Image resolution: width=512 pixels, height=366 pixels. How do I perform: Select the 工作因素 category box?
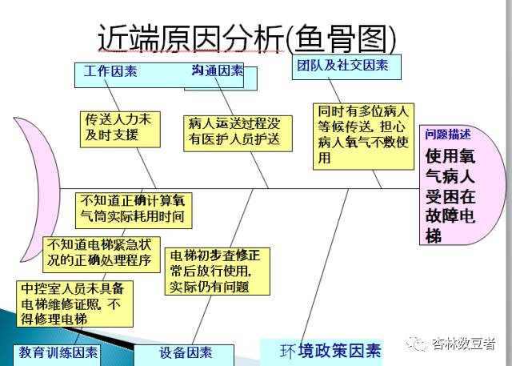click(x=111, y=71)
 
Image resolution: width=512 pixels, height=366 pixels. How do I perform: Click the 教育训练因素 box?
click(x=60, y=352)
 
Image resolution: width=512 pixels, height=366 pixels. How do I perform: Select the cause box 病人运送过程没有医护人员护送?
click(x=235, y=131)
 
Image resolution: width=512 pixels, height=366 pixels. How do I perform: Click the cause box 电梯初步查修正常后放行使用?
click(x=217, y=271)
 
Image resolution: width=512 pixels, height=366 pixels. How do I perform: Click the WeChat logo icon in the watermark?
click(x=418, y=344)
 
